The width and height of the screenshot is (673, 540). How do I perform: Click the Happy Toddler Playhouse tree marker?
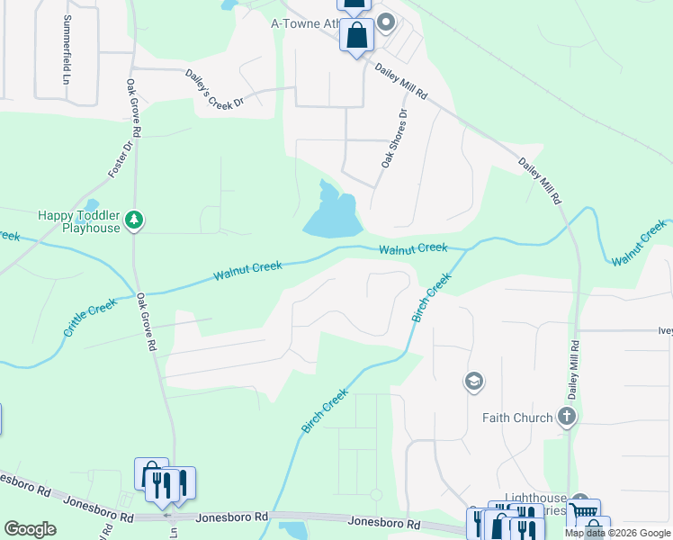point(134,219)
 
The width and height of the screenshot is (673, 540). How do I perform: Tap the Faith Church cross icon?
point(566,417)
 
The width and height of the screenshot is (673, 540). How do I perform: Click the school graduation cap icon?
point(473,382)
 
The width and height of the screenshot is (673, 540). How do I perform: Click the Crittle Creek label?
point(90,319)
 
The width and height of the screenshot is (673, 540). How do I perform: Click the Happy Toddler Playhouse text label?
point(78,221)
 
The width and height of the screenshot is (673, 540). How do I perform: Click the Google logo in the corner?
point(30,529)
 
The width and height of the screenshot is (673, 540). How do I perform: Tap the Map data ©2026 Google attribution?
point(617,533)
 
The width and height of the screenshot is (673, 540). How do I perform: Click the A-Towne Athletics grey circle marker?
point(387,23)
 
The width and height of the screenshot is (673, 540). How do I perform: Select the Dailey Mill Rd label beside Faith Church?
point(571,364)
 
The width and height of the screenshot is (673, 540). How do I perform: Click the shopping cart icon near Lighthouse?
point(586,512)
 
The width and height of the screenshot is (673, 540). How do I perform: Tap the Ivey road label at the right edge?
point(664,330)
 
